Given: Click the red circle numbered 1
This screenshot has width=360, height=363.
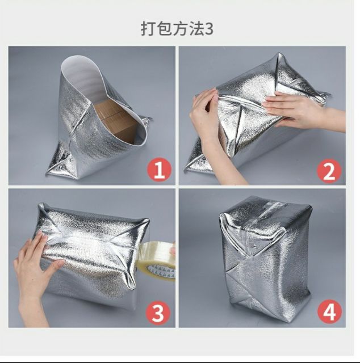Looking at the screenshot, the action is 159,170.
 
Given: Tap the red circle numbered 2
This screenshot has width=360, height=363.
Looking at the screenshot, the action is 329,171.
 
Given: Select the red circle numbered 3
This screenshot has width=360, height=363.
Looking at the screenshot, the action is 158,313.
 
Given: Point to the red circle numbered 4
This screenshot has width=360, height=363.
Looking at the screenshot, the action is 329,311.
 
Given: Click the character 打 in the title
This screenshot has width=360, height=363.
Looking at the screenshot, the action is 148,29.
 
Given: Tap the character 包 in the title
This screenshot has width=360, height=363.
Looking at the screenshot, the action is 165,29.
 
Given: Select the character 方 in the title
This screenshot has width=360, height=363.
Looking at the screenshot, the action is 181,29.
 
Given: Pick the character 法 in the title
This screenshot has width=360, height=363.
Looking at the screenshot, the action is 197,29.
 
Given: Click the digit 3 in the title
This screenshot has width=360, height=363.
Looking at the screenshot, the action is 210,29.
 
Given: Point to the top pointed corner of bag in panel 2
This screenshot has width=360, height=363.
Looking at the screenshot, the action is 279,54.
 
